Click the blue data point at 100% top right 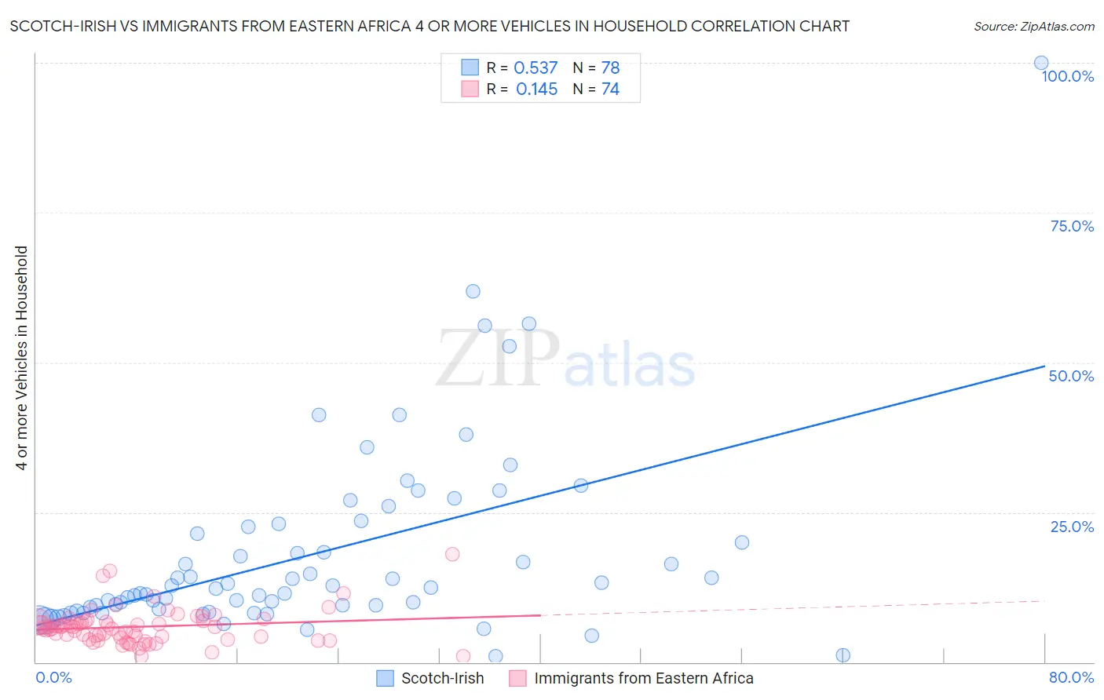point(1040,63)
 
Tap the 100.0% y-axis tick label point(1067,76)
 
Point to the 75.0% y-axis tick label point(1072,226)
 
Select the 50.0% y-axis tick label point(1071,376)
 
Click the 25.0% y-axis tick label point(1072,526)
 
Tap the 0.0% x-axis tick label point(53,677)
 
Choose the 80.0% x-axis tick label point(1071,677)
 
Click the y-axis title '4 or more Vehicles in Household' point(21,358)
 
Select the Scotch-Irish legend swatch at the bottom point(385,678)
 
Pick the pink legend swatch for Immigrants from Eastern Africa point(517,678)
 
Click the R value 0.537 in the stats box point(536,67)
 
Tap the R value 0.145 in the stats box point(536,89)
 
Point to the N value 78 point(610,67)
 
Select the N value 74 point(610,89)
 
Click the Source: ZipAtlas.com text point(1033,26)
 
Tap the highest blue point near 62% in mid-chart point(473,291)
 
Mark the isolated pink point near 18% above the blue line point(452,554)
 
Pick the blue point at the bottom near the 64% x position point(843,655)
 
